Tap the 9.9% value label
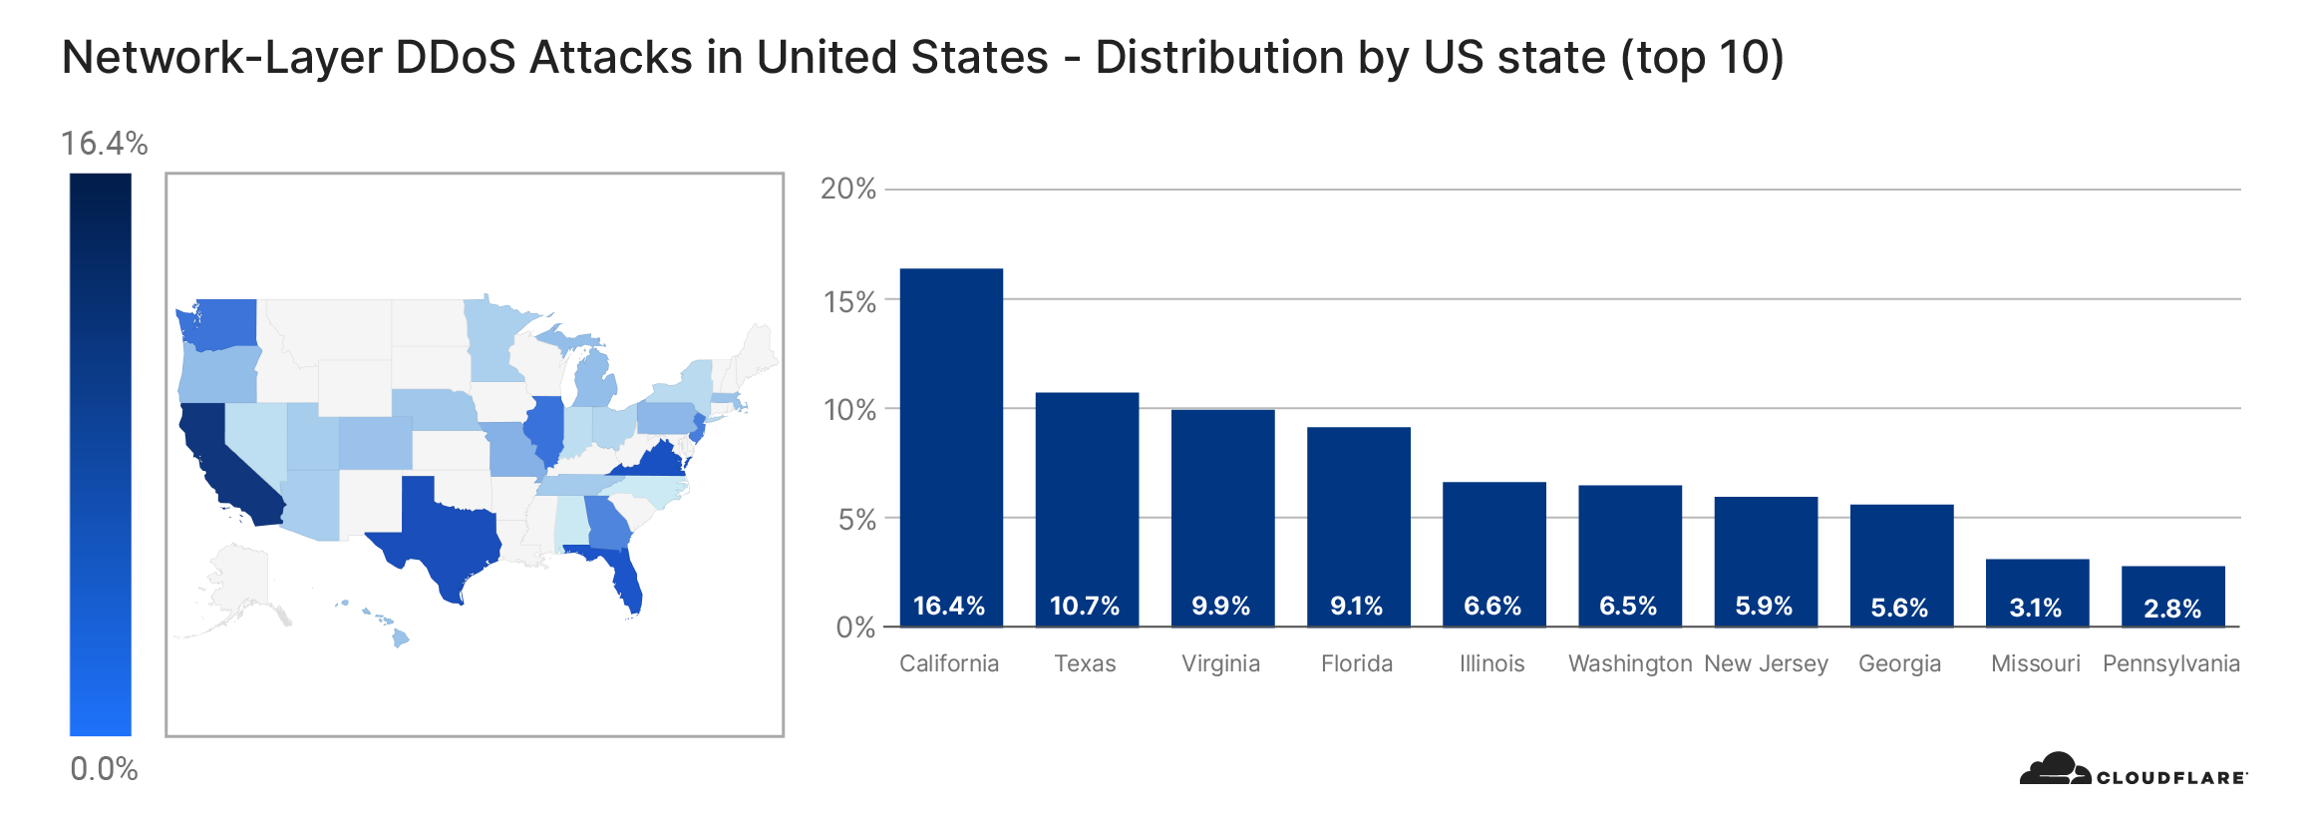(1221, 606)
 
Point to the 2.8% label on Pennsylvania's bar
(2172, 609)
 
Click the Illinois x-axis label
(1491, 663)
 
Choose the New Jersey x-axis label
(1766, 663)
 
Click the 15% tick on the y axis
(849, 301)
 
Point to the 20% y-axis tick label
(847, 189)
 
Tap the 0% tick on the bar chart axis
(855, 627)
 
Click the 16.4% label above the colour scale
(104, 144)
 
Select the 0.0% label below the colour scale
(104, 769)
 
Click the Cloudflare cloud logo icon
(2054, 769)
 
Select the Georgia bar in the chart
(1901, 565)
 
